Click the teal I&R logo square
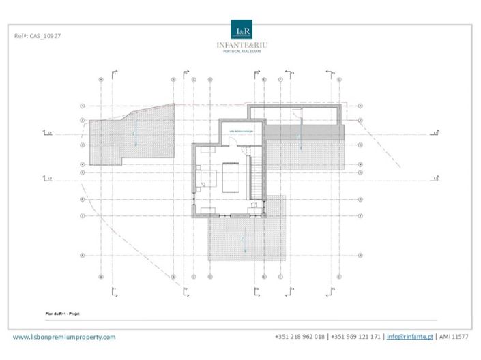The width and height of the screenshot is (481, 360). (242, 31)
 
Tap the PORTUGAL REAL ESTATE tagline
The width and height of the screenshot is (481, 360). (242, 52)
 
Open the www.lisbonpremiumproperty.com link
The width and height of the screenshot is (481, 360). (65, 337)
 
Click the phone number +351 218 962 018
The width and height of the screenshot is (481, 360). (300, 337)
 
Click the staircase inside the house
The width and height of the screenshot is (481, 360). (256, 175)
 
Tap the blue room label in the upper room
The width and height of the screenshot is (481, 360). (243, 131)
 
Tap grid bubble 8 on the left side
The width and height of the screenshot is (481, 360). (82, 256)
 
